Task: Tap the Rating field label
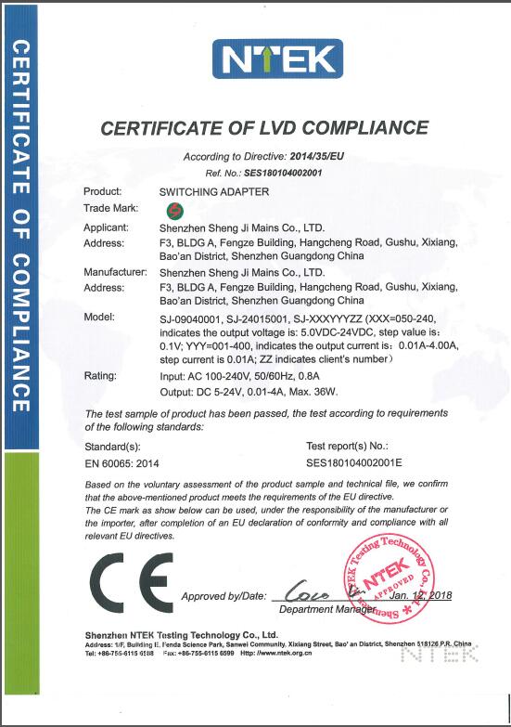100,377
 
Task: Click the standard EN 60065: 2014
121,460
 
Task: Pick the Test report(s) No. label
347,445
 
